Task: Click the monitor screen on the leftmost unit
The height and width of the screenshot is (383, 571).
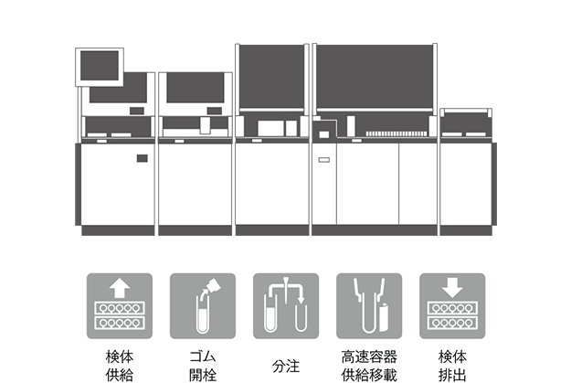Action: (101, 64)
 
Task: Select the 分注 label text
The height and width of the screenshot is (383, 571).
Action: (285, 366)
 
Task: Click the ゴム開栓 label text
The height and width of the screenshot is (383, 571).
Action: (201, 365)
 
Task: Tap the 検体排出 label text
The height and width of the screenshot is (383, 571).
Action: (451, 365)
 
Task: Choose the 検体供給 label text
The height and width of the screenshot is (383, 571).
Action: (117, 365)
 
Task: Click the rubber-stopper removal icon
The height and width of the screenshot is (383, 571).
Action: (201, 306)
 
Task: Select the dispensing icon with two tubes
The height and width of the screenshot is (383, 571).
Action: (285, 306)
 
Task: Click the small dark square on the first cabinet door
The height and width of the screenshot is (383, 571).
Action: (142, 159)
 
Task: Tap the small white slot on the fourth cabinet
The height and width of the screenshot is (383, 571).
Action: (321, 162)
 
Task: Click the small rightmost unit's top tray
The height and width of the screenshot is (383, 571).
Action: (467, 114)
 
